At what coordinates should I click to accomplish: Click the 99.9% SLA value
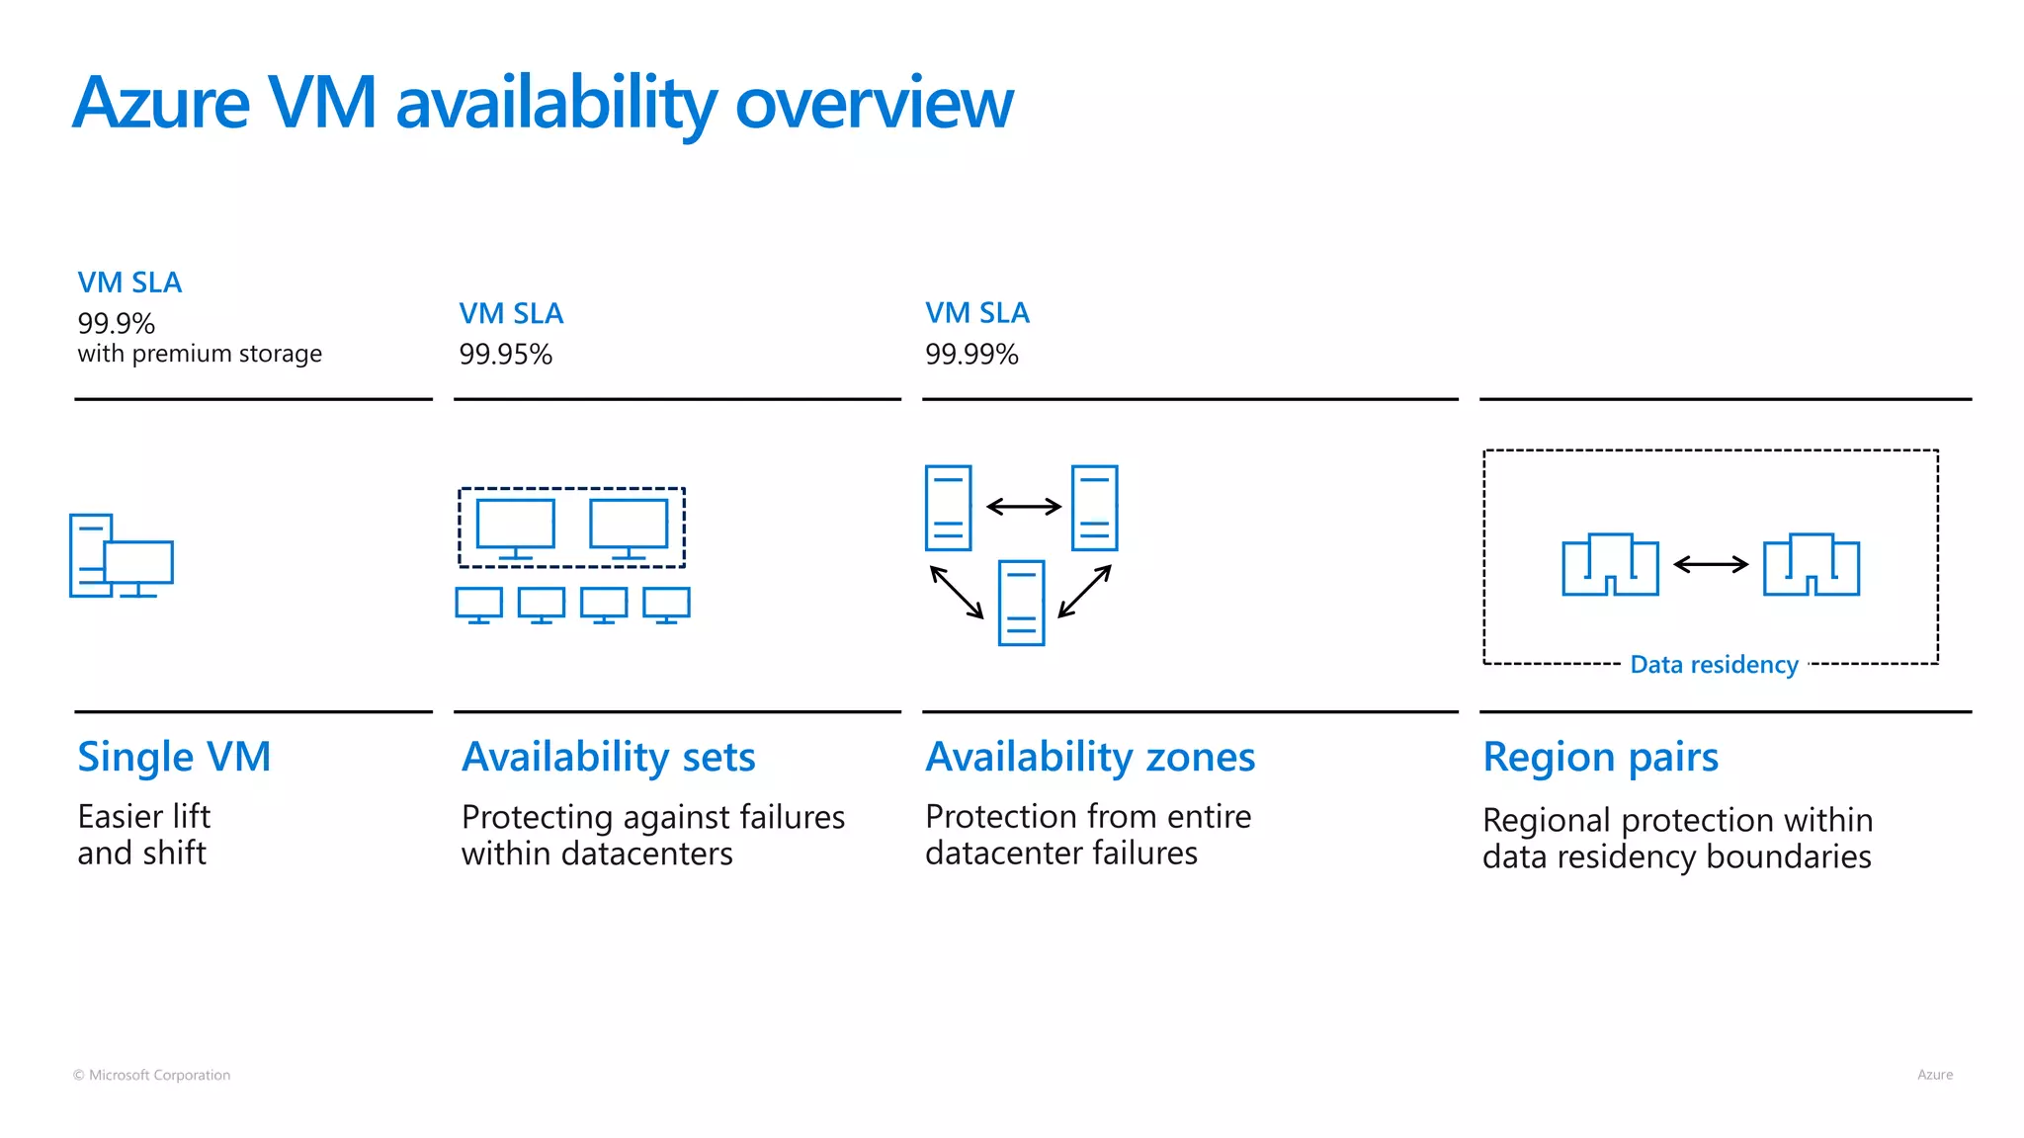click(x=117, y=323)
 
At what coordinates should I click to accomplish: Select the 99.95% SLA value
click(x=505, y=354)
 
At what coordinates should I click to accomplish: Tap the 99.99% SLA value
click(x=971, y=354)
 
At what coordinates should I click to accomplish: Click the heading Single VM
click(x=174, y=757)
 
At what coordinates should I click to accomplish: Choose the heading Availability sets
click(x=608, y=757)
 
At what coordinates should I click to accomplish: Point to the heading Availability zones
click(x=1090, y=757)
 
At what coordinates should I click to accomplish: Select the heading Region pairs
click(x=1600, y=757)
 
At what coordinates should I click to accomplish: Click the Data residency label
click(x=1714, y=665)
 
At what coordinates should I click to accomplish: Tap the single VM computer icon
click(x=121, y=556)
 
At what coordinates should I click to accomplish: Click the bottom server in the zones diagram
click(x=1021, y=603)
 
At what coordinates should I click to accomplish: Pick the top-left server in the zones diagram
click(x=948, y=508)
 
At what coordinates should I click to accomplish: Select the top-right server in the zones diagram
click(x=1094, y=508)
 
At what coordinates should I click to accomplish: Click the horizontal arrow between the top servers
click(x=1023, y=507)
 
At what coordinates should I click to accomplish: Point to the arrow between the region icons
click(x=1711, y=565)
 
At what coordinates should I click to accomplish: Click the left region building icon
click(x=1610, y=565)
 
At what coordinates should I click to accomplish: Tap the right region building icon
click(x=1812, y=565)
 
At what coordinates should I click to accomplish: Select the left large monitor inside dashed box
click(x=515, y=527)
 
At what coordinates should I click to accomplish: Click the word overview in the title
click(x=874, y=103)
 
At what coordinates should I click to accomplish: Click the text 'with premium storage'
click(x=200, y=354)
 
